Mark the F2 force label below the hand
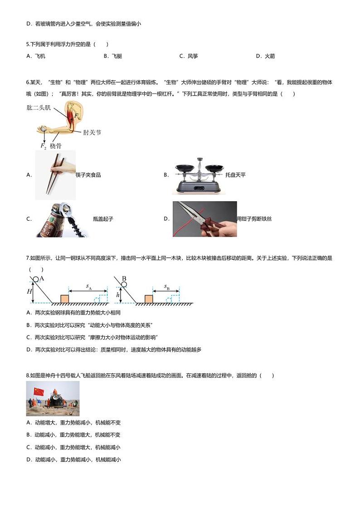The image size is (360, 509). click(43, 146)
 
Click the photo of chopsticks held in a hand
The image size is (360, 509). click(55, 175)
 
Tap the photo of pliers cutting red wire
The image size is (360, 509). click(204, 219)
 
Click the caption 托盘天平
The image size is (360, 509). click(235, 175)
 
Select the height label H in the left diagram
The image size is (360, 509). click(29, 291)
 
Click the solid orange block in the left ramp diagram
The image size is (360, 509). click(64, 298)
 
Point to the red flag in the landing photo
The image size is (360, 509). click(38, 390)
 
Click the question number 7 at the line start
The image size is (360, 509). click(28, 258)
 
